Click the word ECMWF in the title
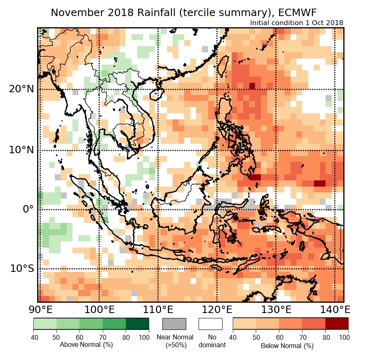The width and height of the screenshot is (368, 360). [x=296, y=13]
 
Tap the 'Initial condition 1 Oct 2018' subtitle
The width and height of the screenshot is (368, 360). [x=297, y=23]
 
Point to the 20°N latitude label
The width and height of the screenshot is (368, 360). [x=21, y=89]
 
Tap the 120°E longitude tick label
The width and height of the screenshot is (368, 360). [x=216, y=309]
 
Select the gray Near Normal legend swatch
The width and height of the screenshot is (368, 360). [x=174, y=324]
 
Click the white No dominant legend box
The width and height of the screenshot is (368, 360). [x=210, y=324]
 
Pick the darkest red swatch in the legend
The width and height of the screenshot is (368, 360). [x=337, y=324]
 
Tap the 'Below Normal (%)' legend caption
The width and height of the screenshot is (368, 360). [x=287, y=346]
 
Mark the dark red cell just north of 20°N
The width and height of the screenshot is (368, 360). [x=252, y=86]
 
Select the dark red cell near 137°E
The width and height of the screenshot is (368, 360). [x=320, y=183]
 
